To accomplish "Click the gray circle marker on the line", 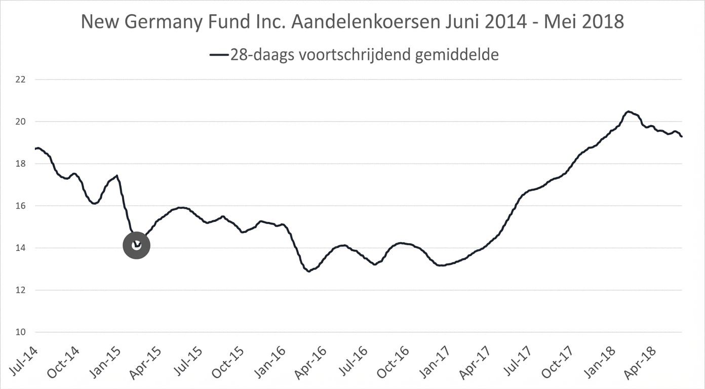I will click(x=136, y=245).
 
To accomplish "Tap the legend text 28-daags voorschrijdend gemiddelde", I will click(x=364, y=54).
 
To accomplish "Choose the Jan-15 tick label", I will click(x=104, y=361).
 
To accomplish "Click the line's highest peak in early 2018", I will click(x=628, y=111).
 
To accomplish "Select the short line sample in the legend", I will click(x=219, y=55).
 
